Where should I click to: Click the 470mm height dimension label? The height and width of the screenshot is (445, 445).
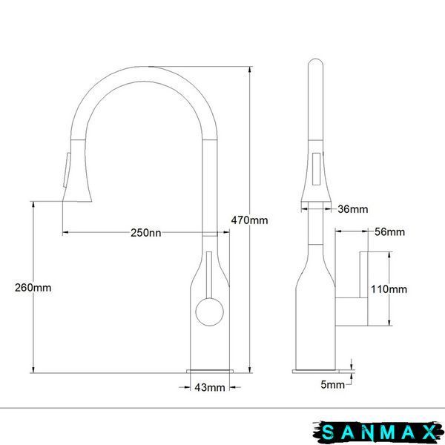tap(249, 220)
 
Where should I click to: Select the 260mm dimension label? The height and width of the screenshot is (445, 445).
tap(33, 288)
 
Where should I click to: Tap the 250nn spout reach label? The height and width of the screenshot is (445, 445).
tap(146, 233)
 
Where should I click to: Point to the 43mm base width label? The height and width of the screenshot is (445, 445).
tap(210, 387)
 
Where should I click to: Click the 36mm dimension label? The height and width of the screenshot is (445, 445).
tap(353, 209)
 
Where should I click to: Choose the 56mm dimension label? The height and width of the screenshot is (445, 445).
tap(389, 232)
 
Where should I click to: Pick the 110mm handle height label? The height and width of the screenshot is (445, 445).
tap(389, 289)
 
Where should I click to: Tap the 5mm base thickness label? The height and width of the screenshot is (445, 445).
tap(332, 385)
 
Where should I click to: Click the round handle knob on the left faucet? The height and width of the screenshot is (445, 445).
tap(210, 311)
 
